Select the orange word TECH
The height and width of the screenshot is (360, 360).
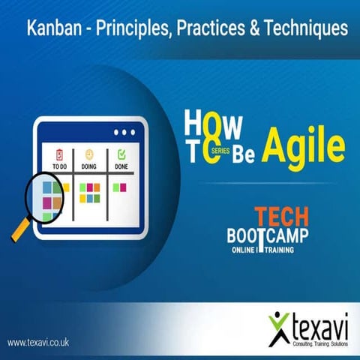pos(280,215)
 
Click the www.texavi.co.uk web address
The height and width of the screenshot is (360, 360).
pos(39,342)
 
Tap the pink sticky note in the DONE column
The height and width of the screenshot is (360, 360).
pos(123,187)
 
